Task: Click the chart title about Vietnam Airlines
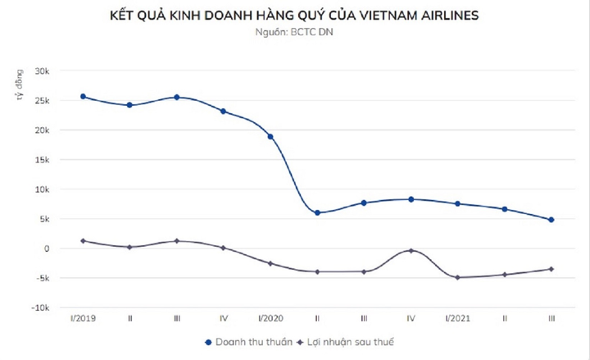tap(294, 16)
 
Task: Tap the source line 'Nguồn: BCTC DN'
tap(294, 33)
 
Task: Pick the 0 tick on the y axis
tap(48, 248)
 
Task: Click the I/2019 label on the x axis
tap(83, 317)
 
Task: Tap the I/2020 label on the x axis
tap(270, 317)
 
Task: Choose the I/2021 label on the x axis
tap(457, 317)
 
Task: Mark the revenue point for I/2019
tap(83, 97)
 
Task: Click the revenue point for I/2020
tap(270, 137)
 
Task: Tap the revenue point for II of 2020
tap(317, 212)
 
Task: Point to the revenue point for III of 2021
tap(551, 220)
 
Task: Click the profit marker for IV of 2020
tap(411, 250)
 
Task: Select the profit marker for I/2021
tap(457, 277)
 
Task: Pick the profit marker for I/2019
tap(83, 241)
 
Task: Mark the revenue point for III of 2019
tap(176, 98)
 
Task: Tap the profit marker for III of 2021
tap(551, 269)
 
